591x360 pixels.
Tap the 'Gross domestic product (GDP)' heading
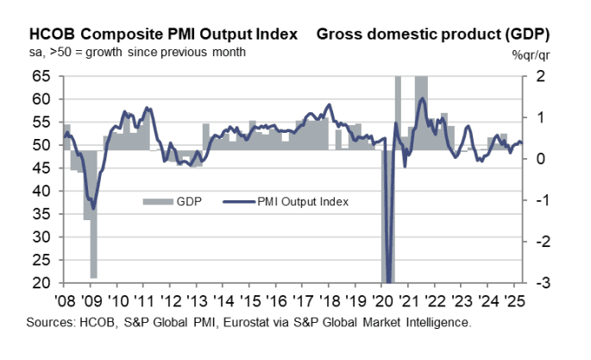tap(433, 35)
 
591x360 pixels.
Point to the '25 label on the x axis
tap(515, 301)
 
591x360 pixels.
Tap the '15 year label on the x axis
tap(250, 301)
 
